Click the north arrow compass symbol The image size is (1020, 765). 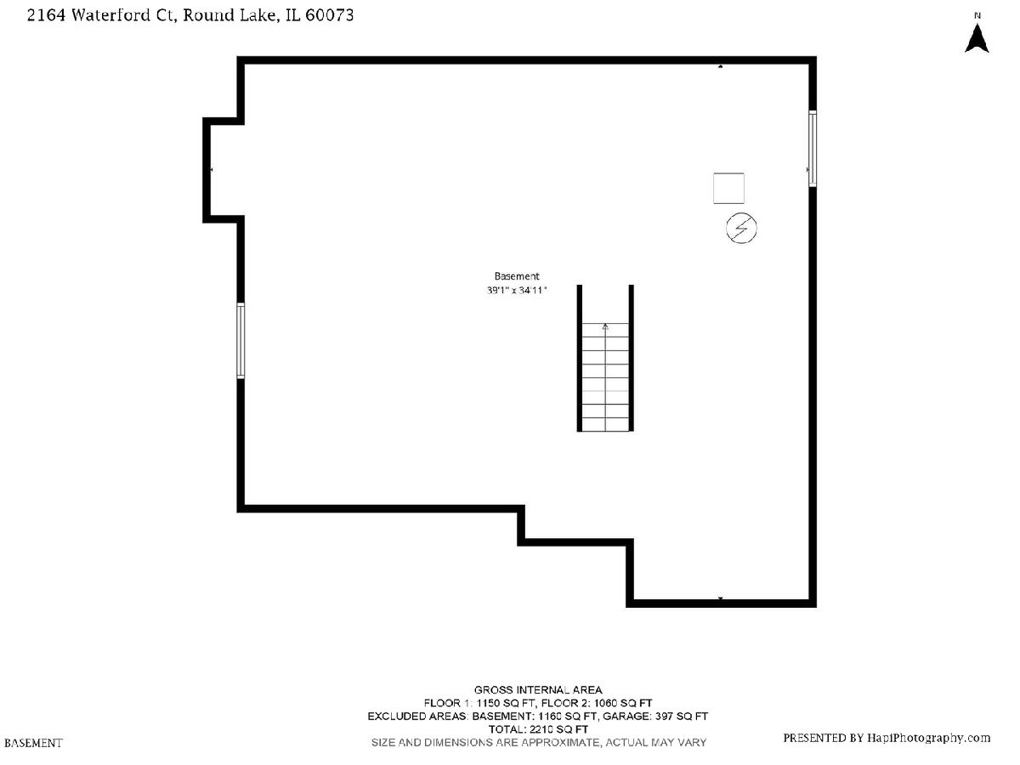tap(977, 38)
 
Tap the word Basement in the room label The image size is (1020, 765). tap(516, 276)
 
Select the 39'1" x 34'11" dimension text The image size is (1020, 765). tap(516, 291)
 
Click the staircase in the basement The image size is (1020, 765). tap(605, 358)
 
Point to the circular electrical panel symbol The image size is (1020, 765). tap(741, 228)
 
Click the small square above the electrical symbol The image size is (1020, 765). tap(728, 188)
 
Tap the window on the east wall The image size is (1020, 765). tap(813, 149)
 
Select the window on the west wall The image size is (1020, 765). tap(241, 341)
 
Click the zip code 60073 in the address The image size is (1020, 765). tap(330, 15)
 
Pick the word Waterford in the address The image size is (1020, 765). tap(110, 15)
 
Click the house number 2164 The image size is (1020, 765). tap(46, 15)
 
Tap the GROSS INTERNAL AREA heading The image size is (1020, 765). tap(538, 689)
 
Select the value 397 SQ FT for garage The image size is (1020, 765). tap(681, 717)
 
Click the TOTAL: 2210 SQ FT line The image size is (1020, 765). tap(538, 729)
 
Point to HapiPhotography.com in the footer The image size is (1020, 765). tap(928, 738)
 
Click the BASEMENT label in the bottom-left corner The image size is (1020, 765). tap(33, 743)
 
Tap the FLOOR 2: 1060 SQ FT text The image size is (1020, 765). tap(597, 703)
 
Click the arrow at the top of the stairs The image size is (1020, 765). tap(605, 327)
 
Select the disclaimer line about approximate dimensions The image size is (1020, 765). tap(539, 743)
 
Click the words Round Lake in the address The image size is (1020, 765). tap(229, 15)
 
